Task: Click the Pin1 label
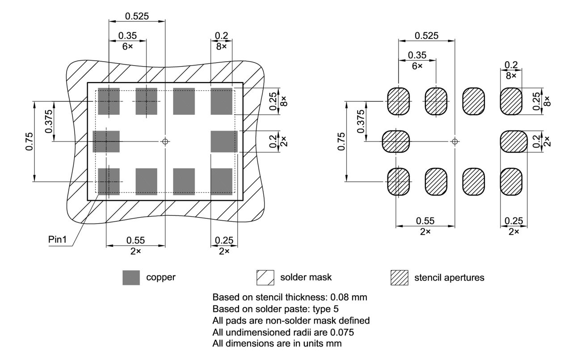coord(57,240)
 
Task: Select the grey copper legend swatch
coord(131,277)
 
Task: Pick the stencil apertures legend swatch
coord(399,277)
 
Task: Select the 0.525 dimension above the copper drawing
coord(137,17)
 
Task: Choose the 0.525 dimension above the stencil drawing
coord(426,36)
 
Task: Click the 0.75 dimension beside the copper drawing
coord(29,141)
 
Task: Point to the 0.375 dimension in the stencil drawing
coord(361,121)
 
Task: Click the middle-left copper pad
coord(106,141)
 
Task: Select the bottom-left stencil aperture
coord(398,182)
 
